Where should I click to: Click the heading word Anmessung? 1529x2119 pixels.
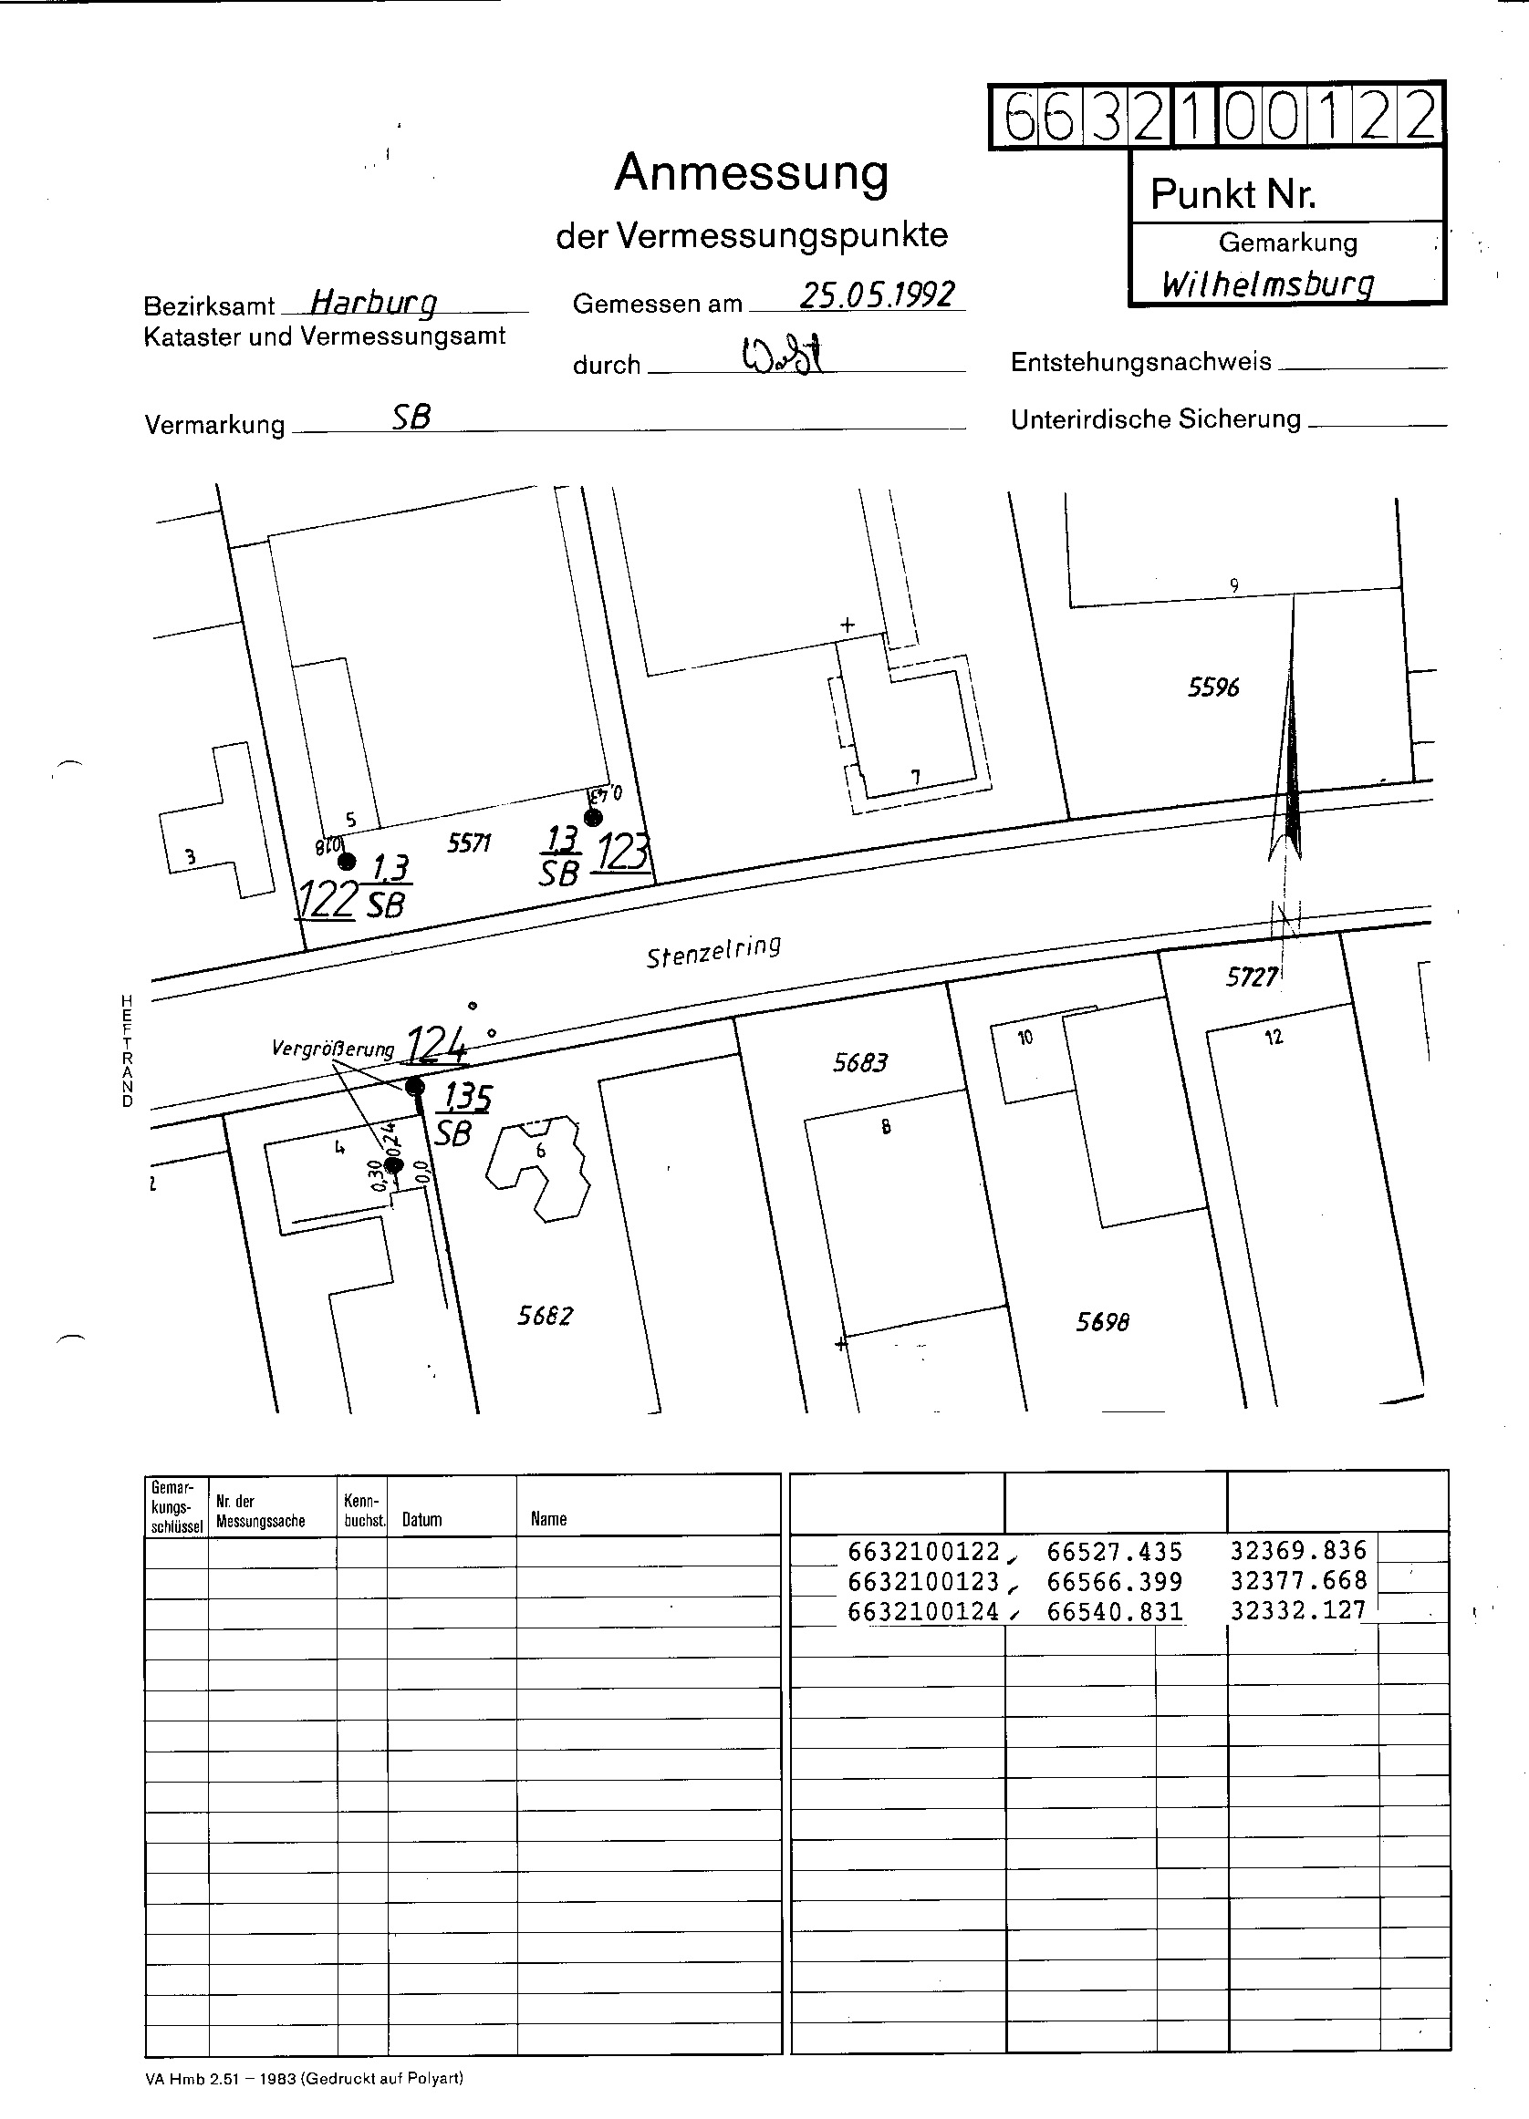coord(751,174)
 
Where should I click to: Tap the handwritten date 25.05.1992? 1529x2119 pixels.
coord(877,295)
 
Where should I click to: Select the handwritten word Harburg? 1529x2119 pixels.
coord(373,302)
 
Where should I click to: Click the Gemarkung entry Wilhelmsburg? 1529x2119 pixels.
coord(1267,283)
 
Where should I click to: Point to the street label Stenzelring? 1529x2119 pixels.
coord(713,951)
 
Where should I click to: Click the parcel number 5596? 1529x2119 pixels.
coord(1213,687)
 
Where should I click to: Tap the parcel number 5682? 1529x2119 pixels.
coord(545,1316)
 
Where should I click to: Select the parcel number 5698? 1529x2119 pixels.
coord(1103,1322)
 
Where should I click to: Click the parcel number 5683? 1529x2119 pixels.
coord(859,1062)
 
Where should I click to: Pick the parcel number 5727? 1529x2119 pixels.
coord(1252,977)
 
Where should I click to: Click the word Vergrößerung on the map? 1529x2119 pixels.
coord(333,1049)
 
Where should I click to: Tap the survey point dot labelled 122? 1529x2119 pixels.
coord(347,861)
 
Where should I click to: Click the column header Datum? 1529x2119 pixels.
coord(421,1520)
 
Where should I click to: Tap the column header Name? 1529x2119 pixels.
coord(548,1519)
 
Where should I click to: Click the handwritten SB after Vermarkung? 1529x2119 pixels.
coord(411,418)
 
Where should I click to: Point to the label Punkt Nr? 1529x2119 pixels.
coord(1233,194)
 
